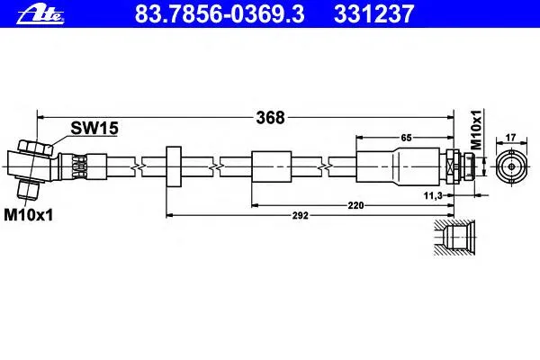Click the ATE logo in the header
40,13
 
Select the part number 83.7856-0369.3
220,14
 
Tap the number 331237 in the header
373,14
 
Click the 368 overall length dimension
270,118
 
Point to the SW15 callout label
94,128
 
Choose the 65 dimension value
407,138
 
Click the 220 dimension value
355,206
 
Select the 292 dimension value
301,216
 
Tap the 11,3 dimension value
433,195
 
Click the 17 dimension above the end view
510,138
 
